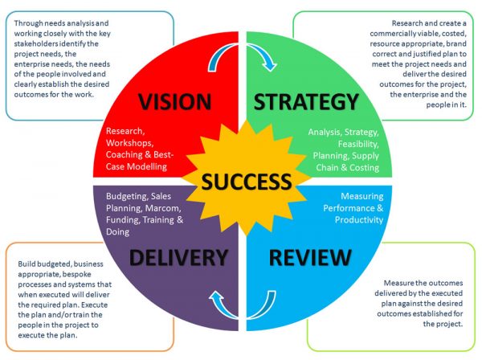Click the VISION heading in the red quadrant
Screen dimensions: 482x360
[x=174, y=102]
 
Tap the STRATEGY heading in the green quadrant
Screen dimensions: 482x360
[x=306, y=102]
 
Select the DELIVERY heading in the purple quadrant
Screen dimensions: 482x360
[x=178, y=257]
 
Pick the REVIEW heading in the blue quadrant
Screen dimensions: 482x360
[x=310, y=257]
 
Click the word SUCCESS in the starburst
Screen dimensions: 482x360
[x=247, y=182]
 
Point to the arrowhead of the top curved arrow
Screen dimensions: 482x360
[x=270, y=65]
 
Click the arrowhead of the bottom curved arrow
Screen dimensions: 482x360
[x=216, y=297]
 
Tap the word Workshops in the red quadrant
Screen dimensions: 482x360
[x=129, y=143]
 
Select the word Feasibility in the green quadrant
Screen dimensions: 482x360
[x=358, y=144]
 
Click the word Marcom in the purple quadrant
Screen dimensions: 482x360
[x=163, y=208]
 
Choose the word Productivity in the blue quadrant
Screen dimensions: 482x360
[x=359, y=220]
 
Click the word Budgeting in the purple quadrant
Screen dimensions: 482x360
[x=127, y=196]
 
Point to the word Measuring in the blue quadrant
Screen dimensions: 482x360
[x=361, y=196]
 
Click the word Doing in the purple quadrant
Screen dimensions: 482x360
[x=117, y=231]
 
